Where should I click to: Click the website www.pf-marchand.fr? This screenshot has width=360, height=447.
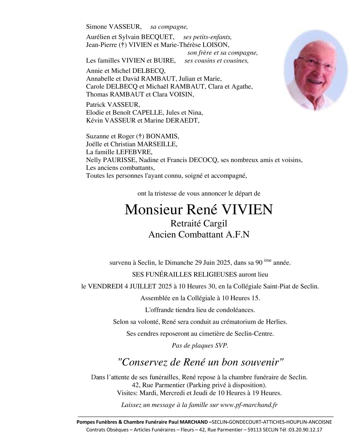pyautogui.click(x=249, y=405)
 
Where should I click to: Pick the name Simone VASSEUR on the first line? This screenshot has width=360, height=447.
pyautogui.click(x=114, y=27)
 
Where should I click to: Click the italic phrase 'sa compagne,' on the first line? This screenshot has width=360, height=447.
pyautogui.click(x=169, y=27)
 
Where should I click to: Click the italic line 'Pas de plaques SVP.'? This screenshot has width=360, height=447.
pyautogui.click(x=200, y=345)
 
